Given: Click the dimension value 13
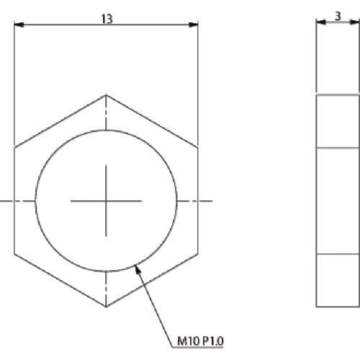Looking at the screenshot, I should [x=107, y=19].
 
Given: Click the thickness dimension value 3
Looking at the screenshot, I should [x=337, y=14].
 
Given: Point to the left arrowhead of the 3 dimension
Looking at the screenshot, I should [x=319, y=22].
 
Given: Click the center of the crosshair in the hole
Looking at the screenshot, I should [x=106, y=201].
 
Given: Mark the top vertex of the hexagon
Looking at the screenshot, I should [x=106, y=94].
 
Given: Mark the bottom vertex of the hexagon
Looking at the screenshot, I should [x=106, y=307].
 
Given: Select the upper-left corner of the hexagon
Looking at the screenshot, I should [x=14, y=148].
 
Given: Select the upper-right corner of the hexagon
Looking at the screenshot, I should [x=198, y=148].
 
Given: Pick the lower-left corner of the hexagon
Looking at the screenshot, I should [x=14, y=254].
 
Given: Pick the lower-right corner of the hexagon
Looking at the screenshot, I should [x=198, y=254].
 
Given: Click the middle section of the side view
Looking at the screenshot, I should [x=337, y=201].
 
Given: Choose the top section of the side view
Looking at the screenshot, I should [x=337, y=121].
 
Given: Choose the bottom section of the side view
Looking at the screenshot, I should [x=337, y=280].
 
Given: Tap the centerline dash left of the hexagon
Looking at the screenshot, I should [x=5, y=201].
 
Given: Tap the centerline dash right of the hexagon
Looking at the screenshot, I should [x=207, y=201].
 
